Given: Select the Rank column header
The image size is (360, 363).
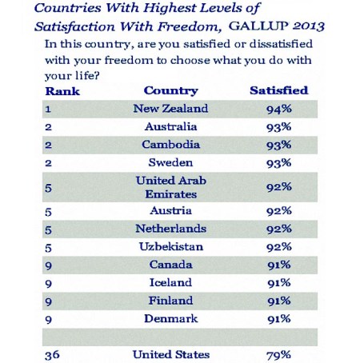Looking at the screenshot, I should point(63,90).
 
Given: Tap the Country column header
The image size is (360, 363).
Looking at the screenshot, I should point(171,90).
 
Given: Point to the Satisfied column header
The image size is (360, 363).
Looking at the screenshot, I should point(278,90).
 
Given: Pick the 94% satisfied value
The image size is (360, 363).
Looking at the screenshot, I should point(278,109).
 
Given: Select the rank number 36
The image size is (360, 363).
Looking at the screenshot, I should point(53,353).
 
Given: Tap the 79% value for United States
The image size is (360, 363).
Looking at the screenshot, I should point(278,353).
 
